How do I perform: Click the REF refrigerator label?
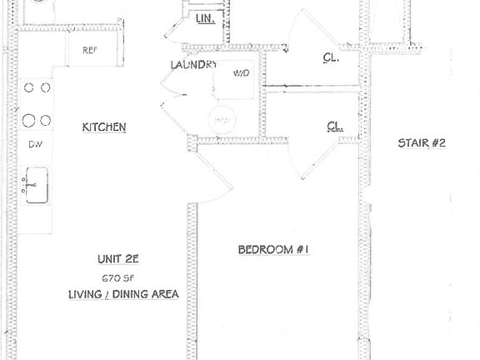[x=89, y=50]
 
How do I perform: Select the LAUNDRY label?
[x=193, y=65]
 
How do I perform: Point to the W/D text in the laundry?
[x=241, y=74]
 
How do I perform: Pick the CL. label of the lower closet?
[x=336, y=127]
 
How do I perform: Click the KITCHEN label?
[x=104, y=127]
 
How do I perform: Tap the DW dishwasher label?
[x=35, y=144]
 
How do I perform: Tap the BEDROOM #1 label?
[x=274, y=249]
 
